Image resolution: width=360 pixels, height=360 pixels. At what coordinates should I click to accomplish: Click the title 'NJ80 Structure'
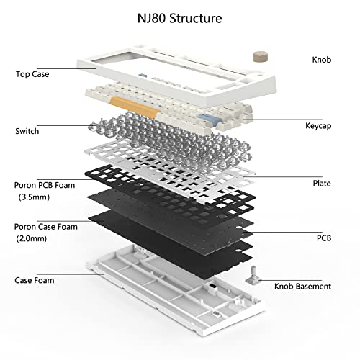point(180,15)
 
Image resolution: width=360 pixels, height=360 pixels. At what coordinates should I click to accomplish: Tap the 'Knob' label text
point(322,60)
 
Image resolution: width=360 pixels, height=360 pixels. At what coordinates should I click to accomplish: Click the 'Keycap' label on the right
point(318,125)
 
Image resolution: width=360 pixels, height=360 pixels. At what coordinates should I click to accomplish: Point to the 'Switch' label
point(27,132)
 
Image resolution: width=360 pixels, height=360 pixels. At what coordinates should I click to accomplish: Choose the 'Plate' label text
point(322,184)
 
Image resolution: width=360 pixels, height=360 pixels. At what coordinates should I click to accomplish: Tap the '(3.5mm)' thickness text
point(34,196)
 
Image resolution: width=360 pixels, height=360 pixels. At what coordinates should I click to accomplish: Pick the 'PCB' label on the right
point(323,236)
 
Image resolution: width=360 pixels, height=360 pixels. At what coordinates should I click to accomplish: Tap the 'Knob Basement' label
point(302,286)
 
